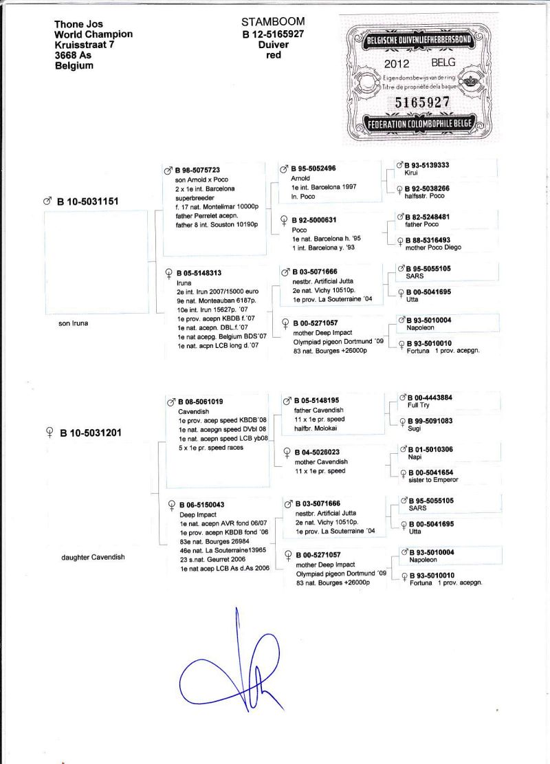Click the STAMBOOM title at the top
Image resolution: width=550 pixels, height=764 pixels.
[273, 22]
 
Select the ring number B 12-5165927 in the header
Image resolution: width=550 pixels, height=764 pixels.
[273, 33]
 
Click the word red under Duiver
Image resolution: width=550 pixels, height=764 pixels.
[274, 55]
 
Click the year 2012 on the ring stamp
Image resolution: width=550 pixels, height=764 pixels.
[397, 63]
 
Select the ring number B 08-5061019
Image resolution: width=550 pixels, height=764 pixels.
[200, 402]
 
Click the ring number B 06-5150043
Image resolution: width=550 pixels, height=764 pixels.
[201, 505]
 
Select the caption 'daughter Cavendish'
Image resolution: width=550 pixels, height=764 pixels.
[93, 557]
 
